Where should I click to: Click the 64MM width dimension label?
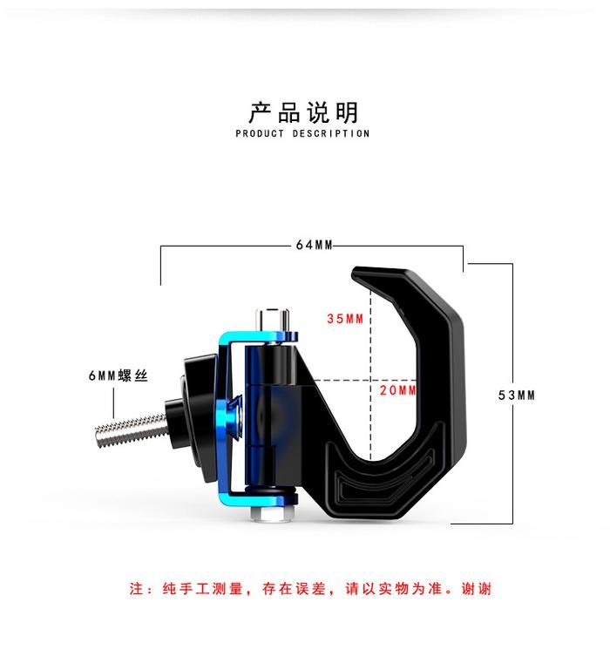314,245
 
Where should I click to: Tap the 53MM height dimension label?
516,396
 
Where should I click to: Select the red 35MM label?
345,319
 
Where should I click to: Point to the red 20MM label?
398,390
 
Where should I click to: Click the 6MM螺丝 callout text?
118,375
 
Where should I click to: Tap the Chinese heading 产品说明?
304,112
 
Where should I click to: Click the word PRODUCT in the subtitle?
260,133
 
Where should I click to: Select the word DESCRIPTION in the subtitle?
331,133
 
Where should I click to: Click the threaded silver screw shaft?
131,429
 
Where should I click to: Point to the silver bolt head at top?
273,319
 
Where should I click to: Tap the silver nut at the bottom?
272,513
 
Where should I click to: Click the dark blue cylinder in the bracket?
271,365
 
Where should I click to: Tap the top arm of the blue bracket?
260,337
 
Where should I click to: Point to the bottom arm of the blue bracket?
259,499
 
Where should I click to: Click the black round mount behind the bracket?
197,414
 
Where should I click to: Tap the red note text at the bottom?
310,589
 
